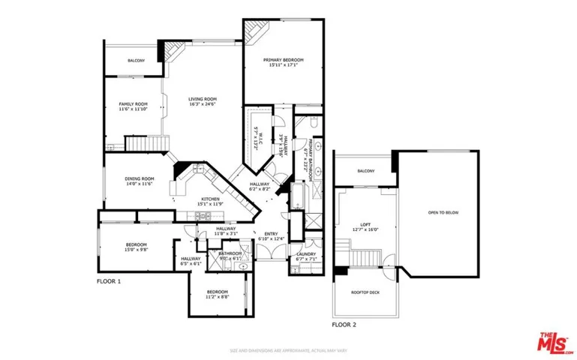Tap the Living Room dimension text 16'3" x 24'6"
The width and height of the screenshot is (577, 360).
202,105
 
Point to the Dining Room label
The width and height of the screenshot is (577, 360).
139,178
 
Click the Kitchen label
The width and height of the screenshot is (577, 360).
209,199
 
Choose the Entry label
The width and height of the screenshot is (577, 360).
267,234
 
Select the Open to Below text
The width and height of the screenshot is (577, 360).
443,213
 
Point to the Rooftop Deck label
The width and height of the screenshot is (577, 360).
365,292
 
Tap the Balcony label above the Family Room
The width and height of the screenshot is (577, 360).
136,60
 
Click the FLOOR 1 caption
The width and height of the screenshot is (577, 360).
108,281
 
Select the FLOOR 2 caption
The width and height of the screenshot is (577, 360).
344,325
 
